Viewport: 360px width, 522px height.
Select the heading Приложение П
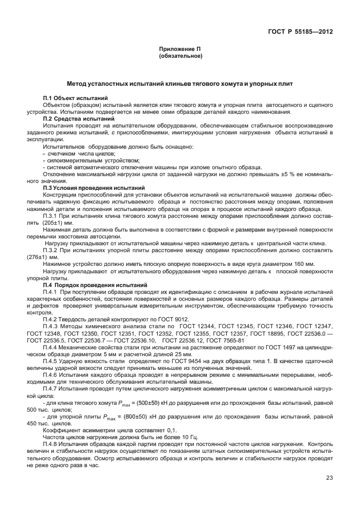tap(180, 50)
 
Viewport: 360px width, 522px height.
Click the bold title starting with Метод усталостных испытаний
tap(180, 84)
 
